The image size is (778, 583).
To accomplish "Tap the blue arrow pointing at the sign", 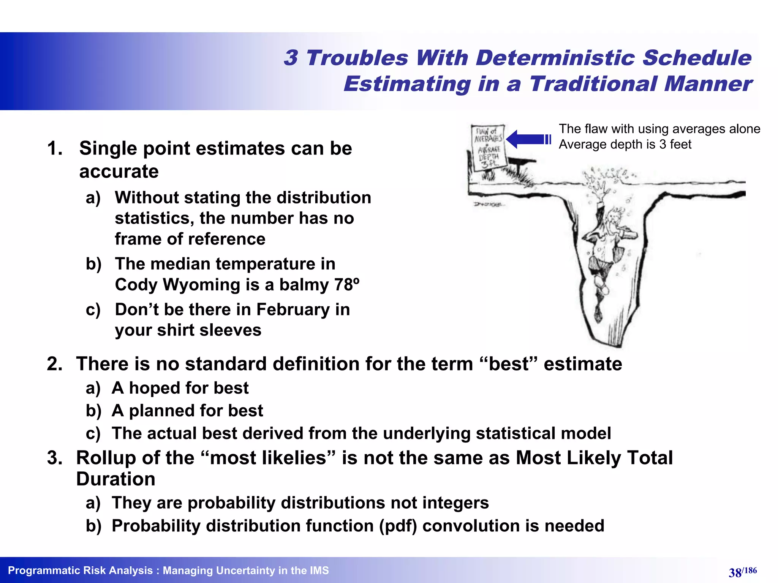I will [527, 139].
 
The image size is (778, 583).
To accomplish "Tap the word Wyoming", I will [211, 285].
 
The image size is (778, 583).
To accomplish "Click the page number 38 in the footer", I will [735, 572].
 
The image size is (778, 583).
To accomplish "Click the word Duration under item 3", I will [115, 479].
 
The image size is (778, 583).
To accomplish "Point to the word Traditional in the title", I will [593, 84].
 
